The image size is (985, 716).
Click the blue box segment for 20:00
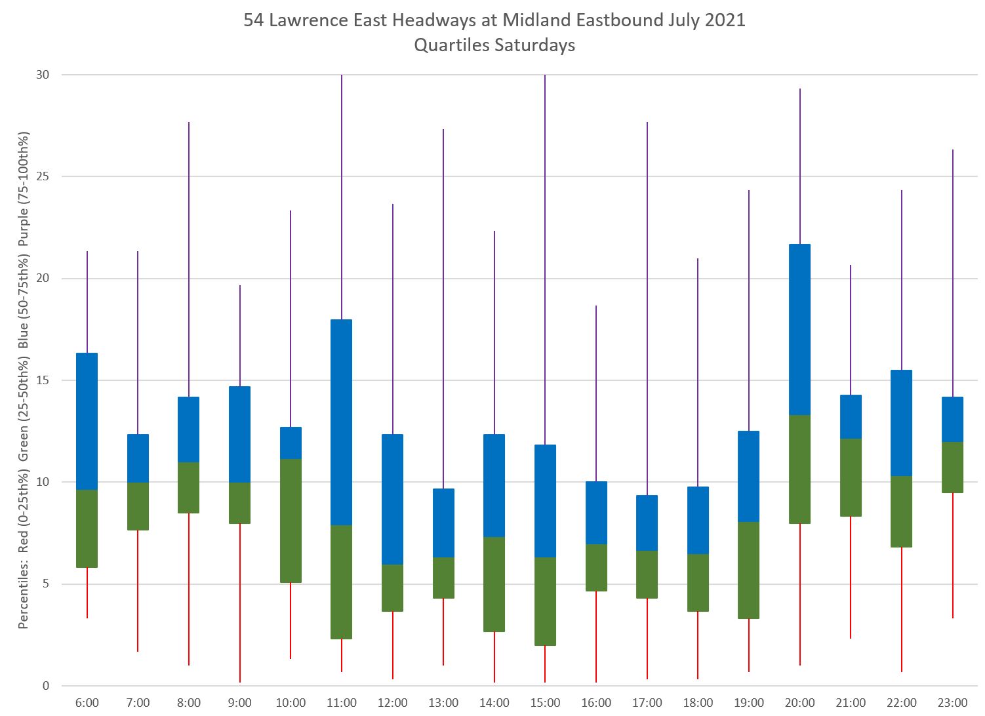click(x=799, y=329)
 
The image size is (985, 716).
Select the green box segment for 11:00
click(x=342, y=582)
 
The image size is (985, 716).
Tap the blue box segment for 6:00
click(x=87, y=421)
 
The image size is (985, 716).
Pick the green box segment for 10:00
click(x=291, y=521)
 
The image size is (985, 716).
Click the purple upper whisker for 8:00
click(x=189, y=259)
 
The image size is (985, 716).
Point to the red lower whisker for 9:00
click(x=240, y=603)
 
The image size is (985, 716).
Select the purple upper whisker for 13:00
click(x=443, y=308)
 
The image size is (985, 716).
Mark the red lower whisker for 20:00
click(x=799, y=594)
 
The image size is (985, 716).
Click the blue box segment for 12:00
click(x=392, y=499)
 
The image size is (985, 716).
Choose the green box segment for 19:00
click(x=749, y=570)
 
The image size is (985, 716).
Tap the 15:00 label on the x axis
click(x=545, y=703)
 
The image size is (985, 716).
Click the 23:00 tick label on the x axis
click(x=952, y=703)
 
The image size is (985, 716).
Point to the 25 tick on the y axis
click(x=42, y=176)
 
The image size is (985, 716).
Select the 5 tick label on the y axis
click(x=46, y=584)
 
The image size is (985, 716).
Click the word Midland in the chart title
click(x=536, y=20)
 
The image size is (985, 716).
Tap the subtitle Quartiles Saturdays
click(x=494, y=45)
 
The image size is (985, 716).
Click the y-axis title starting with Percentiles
click(x=24, y=380)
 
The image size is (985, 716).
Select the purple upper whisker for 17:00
click(x=647, y=308)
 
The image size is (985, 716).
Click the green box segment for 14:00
click(x=494, y=584)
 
